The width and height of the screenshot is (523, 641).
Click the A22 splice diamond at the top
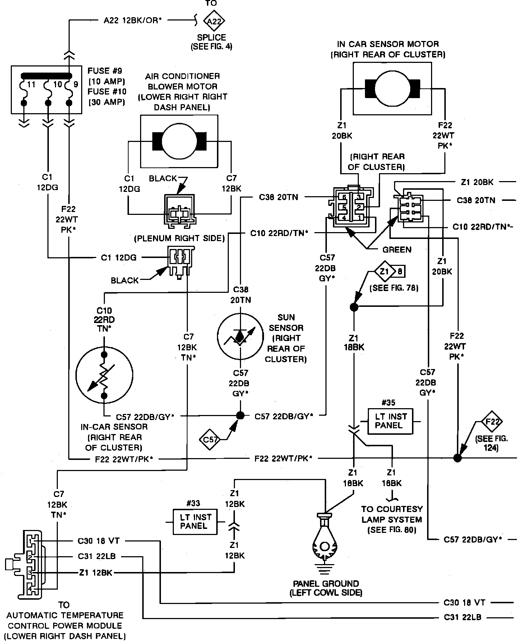[x=214, y=21]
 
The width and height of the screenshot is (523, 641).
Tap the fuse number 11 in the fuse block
[x=31, y=85]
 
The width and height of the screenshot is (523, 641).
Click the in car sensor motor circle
[x=392, y=88]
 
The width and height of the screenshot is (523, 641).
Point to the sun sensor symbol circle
[x=240, y=336]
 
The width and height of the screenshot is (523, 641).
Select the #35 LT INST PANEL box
[x=390, y=421]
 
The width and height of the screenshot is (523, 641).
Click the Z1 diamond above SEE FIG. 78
[x=385, y=271]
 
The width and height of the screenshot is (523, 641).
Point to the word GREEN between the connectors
[x=397, y=249]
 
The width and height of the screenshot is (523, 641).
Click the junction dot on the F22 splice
[x=457, y=458]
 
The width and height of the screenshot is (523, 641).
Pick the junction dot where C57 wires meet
[x=240, y=415]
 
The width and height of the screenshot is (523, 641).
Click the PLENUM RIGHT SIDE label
[x=179, y=238]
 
